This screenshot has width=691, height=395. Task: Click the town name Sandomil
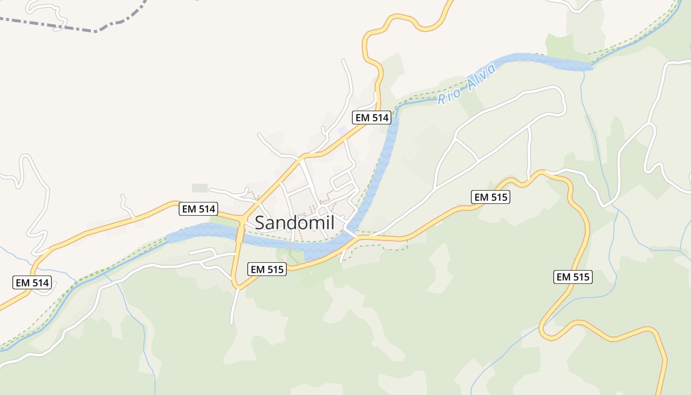point(295,223)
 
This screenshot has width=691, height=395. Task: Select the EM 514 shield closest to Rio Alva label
point(372,118)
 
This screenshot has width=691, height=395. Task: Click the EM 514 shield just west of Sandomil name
point(198,209)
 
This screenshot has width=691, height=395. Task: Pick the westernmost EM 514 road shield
point(32,283)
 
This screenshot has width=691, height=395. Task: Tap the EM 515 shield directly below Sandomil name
point(267,269)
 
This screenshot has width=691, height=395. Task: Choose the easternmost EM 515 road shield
point(573,277)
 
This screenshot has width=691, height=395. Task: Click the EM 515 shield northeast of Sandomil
point(490,197)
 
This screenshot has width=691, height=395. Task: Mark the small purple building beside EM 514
point(342,131)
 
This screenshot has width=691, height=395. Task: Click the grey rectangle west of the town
point(200,188)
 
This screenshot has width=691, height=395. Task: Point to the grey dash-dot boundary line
point(74,26)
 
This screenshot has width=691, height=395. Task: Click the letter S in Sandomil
point(260,223)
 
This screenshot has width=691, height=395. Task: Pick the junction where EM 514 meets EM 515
point(242,218)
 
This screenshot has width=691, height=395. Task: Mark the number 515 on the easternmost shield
point(580,277)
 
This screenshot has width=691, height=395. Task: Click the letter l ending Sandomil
point(333,222)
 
